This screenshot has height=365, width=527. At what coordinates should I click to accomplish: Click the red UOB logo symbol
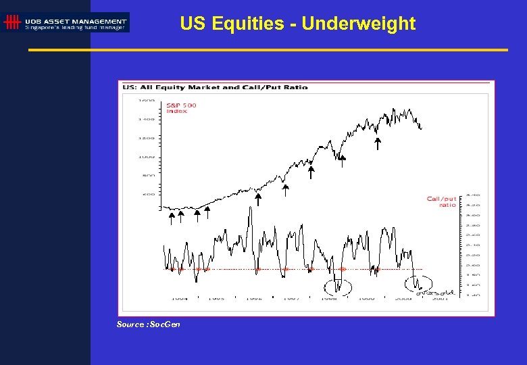(11, 22)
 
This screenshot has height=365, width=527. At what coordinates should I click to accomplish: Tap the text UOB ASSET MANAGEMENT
(75, 21)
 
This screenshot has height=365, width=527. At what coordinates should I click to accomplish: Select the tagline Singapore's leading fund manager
(75, 28)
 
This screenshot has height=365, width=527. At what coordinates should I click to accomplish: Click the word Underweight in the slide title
(358, 24)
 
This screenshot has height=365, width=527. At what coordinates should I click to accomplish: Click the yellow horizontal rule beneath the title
(268, 50)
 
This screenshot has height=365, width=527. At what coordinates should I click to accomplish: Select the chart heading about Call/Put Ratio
(215, 87)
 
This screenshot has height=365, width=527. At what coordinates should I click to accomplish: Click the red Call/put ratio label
(442, 201)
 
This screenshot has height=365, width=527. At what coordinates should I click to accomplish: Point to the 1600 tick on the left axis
(147, 101)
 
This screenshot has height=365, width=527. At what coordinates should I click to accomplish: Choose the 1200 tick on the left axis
(147, 138)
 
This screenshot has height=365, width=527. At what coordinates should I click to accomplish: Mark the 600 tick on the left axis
(147, 194)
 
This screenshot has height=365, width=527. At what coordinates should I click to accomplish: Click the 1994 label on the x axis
(179, 297)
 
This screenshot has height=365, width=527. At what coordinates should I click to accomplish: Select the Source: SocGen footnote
(148, 324)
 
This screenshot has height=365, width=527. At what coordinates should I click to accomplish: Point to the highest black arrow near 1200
(378, 143)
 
